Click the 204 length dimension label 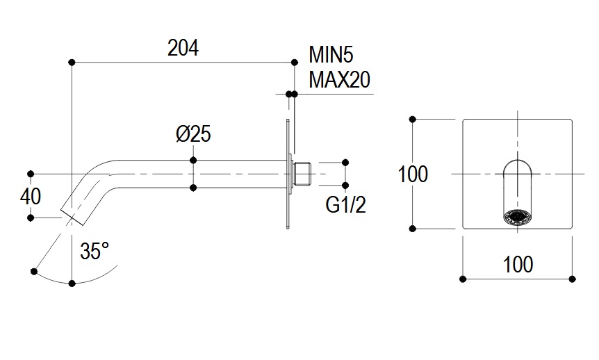[183, 48]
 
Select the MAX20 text [339, 80]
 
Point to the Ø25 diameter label [193, 134]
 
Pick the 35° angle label [95, 252]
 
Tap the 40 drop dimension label [31, 196]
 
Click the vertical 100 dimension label [413, 174]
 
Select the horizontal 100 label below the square [517, 264]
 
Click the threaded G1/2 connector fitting [303, 174]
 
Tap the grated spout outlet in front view [517, 217]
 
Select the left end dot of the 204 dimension [72, 63]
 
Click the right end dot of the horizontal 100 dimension [572, 279]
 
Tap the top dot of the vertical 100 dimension [413, 120]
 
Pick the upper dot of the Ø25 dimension [193, 161]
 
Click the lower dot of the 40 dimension [31, 218]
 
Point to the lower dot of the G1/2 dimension [344, 186]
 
